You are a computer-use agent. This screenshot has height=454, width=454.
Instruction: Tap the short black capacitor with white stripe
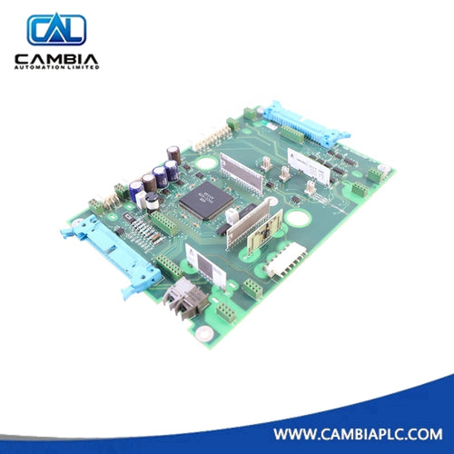pyautogui.click(x=153, y=202)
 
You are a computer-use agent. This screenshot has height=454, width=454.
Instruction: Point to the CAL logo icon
pyautogui.click(x=56, y=30)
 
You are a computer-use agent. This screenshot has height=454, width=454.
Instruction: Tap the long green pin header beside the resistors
pyautogui.click(x=165, y=223)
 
